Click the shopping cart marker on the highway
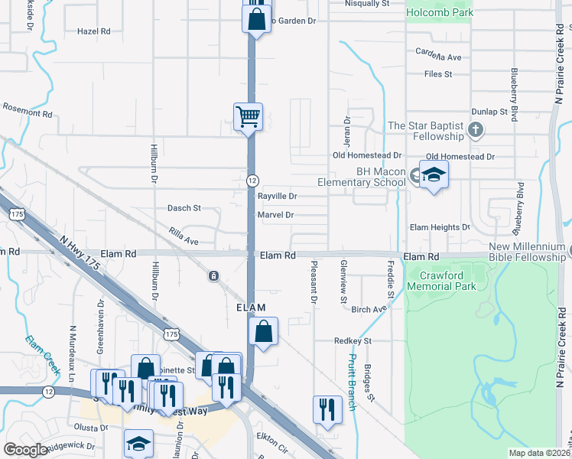click(248, 118)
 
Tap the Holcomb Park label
click(439, 12)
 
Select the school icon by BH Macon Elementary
click(434, 174)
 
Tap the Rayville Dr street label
click(277, 197)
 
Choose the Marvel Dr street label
click(276, 215)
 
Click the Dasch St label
click(184, 208)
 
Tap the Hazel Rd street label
click(94, 31)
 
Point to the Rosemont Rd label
click(28, 110)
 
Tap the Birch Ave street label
click(369, 309)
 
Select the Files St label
click(438, 74)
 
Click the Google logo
click(25, 450)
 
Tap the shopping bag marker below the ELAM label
click(263, 332)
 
